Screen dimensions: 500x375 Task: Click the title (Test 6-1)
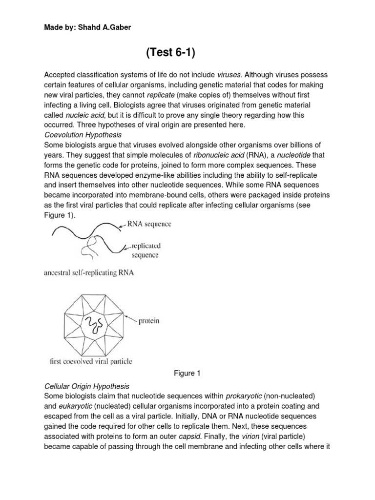pos(170,53)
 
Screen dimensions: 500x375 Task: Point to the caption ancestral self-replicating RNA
pos(89,273)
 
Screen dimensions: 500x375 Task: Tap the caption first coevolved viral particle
pos(91,362)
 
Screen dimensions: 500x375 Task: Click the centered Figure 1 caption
pos(187,374)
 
